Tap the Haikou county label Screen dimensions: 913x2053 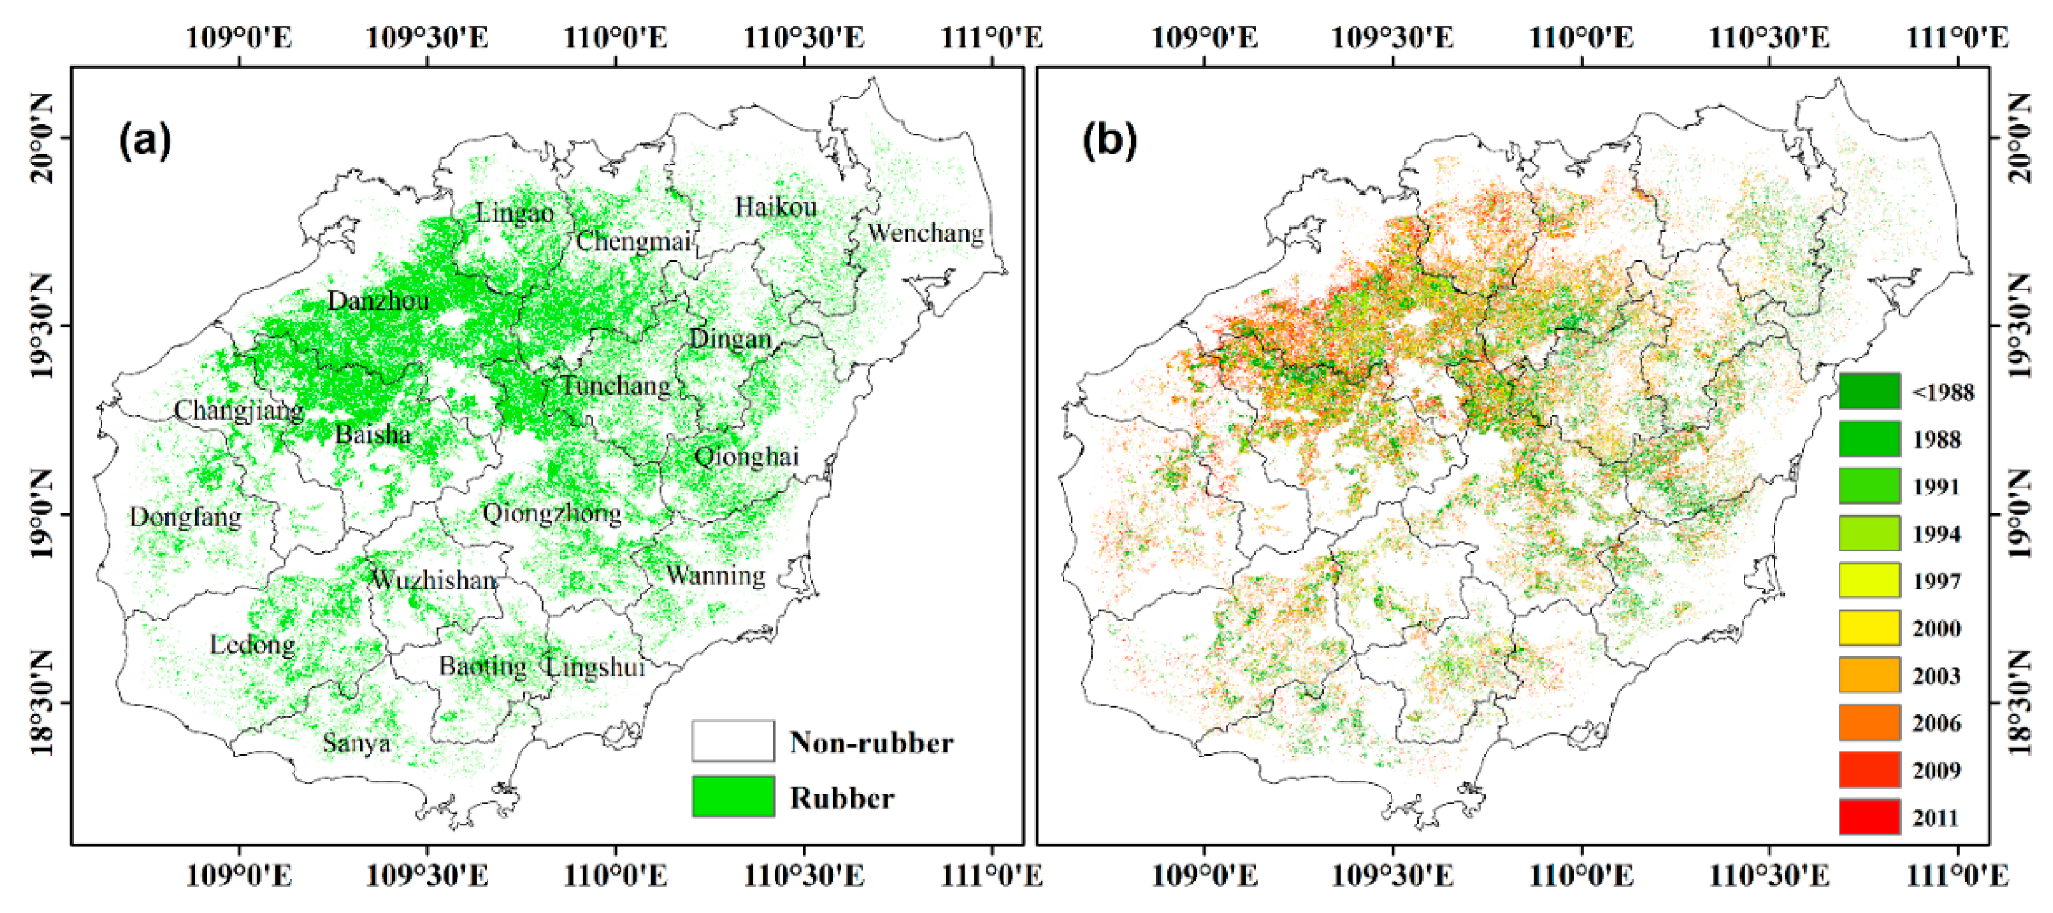(x=775, y=207)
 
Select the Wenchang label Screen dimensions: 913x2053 (x=925, y=233)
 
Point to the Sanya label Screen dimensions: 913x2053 (x=356, y=743)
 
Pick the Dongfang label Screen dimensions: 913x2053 (x=185, y=517)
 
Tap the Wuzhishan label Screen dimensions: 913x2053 (x=435, y=580)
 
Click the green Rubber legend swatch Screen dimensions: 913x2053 (x=732, y=797)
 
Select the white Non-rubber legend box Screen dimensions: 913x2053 (x=732, y=741)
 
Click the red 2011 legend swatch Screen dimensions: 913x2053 (x=1869, y=817)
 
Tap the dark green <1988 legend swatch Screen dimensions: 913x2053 (x=1869, y=391)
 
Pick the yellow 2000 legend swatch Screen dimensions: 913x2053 (x=1869, y=628)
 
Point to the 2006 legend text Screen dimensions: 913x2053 (x=1936, y=722)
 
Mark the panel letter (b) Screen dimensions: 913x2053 (x=1109, y=142)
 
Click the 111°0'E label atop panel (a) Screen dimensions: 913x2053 (x=992, y=37)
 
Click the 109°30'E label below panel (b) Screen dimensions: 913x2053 (x=1392, y=876)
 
